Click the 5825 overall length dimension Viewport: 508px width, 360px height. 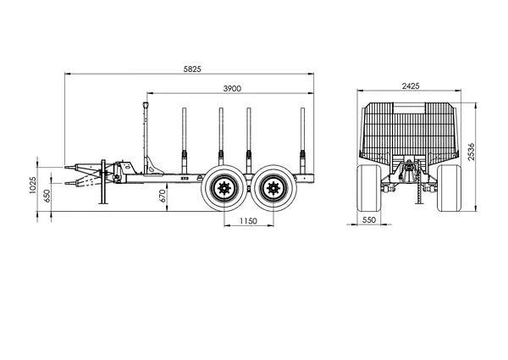(192, 69)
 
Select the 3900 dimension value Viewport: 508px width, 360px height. (232, 88)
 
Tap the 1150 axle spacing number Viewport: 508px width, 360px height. (248, 221)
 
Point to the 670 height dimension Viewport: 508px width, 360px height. (163, 196)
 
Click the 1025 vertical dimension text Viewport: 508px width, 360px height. (33, 185)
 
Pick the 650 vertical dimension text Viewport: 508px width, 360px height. (47, 196)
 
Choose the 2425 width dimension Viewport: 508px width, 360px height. (411, 86)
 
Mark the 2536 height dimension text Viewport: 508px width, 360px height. (471, 151)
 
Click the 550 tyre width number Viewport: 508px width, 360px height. (369, 220)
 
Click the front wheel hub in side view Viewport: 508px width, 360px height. (224, 188)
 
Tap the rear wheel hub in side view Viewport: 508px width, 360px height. (273, 188)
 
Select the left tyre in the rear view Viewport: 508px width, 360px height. (369, 188)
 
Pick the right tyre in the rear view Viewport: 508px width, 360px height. (449, 188)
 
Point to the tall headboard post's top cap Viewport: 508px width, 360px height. (146, 105)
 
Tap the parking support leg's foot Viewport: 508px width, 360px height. (103, 203)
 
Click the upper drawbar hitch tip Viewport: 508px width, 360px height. (66, 168)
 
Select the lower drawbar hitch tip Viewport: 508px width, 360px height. (66, 183)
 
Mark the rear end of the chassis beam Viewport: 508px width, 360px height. (313, 179)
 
